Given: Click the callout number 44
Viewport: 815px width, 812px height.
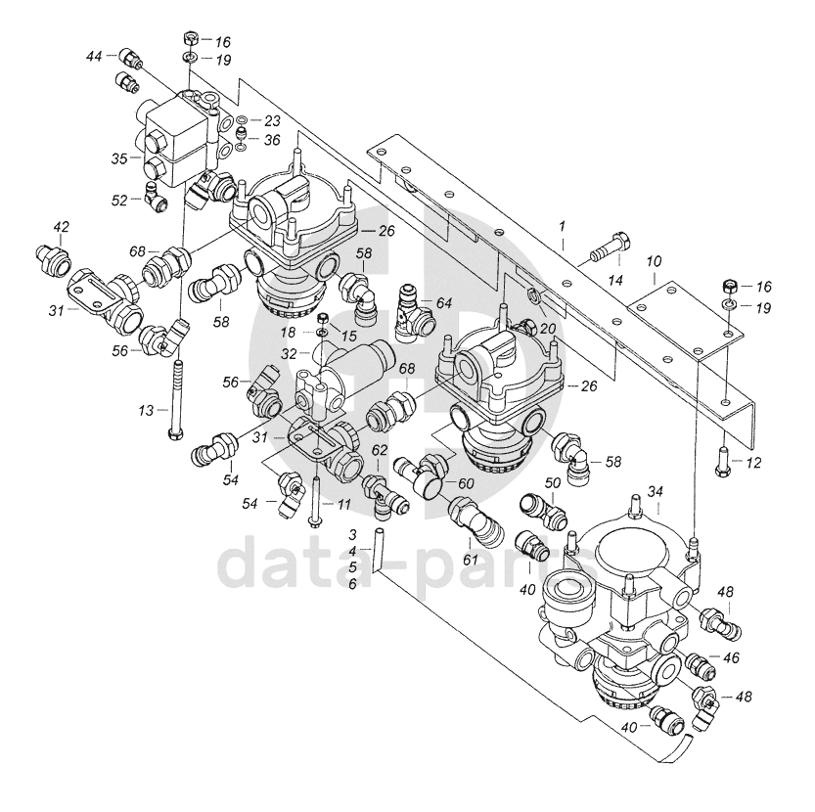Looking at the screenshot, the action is pos(94,56).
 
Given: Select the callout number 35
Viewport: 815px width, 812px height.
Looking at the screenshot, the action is pos(119,158).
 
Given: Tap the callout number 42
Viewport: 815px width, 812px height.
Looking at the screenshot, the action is pos(62,227).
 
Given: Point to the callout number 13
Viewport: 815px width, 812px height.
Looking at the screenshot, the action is pos(146,411).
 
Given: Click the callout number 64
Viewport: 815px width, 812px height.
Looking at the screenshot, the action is pos(444,303).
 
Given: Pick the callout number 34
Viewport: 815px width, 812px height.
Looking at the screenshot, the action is pos(656,491).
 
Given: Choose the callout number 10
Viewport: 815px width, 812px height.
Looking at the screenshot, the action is pos(654,261).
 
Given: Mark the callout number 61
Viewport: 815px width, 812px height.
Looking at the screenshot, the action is pos(470,559).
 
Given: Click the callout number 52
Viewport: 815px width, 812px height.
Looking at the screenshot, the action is pos(119,201).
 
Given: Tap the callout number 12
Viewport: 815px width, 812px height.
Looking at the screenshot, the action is pos(753,462).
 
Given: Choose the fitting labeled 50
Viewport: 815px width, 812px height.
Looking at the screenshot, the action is pos(544,510).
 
